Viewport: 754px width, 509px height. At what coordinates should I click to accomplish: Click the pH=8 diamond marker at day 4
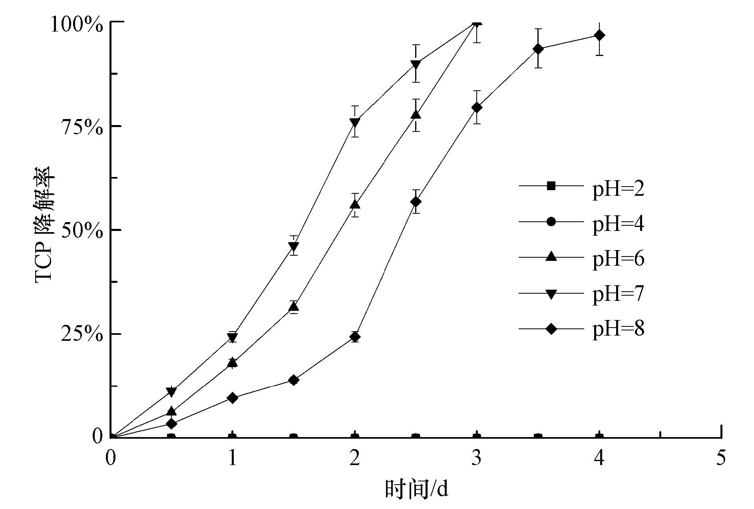pos(599,35)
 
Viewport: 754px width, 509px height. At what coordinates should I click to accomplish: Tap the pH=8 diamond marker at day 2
pos(354,337)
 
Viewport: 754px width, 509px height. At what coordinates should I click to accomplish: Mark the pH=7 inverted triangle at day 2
pos(354,122)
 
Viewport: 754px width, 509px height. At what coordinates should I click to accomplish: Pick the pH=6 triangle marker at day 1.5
pos(294,306)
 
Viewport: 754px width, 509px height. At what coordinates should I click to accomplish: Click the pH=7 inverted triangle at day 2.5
pos(416,64)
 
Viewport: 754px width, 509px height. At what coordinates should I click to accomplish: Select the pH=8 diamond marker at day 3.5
pos(538,49)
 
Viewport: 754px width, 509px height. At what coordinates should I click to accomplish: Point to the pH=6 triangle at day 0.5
pos(171,411)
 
